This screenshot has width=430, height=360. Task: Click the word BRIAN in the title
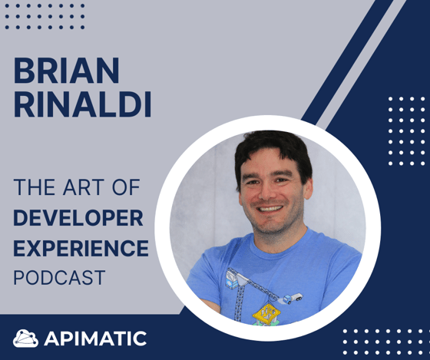(66, 70)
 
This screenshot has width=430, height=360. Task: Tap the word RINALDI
(82, 104)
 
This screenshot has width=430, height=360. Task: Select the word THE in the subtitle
(35, 187)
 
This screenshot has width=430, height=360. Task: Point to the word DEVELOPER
(78, 218)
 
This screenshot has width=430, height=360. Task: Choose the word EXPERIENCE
(81, 248)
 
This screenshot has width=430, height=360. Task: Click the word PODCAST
(60, 277)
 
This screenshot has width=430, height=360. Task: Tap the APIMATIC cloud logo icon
(25, 339)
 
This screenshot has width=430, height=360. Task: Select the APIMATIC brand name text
(95, 339)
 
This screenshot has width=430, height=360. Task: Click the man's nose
(266, 191)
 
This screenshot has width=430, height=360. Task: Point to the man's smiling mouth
(270, 209)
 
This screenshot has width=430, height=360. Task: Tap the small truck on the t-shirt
(293, 299)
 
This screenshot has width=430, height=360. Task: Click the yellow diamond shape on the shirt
(266, 313)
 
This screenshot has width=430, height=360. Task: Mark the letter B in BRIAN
(24, 70)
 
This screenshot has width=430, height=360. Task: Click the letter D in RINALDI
(131, 104)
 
